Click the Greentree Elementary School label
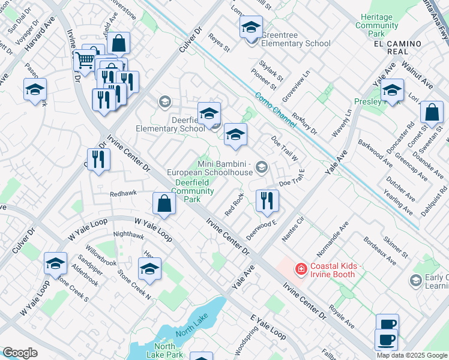[x=296, y=43]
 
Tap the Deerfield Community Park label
[x=193, y=191]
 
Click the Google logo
[x=19, y=353]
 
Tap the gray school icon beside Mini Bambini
[x=261, y=166]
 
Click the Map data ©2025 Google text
[x=412, y=355]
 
